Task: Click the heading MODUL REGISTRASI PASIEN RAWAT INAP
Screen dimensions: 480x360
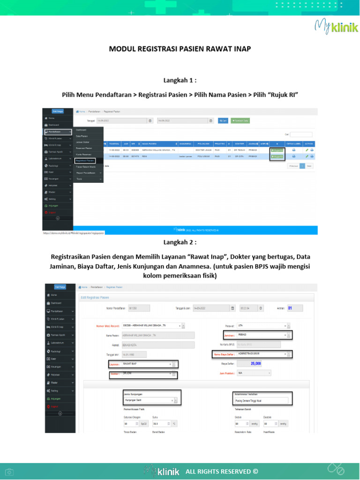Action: tap(180, 48)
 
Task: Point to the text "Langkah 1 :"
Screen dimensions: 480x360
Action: tap(180, 80)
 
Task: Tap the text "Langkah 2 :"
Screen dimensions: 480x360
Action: tap(180, 242)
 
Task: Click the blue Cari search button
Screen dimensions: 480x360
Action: tap(223, 120)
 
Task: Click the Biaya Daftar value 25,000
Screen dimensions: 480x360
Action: tap(255, 363)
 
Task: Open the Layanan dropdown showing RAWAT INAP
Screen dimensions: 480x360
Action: tap(148, 364)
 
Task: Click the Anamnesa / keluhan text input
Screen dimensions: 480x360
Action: tap(262, 400)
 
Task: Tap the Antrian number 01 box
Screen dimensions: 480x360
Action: tap(295, 308)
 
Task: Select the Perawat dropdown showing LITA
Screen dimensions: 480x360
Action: tap(256, 325)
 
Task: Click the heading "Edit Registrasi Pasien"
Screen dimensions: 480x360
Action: tap(95, 297)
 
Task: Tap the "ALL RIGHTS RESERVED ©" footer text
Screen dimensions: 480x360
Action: tap(222, 471)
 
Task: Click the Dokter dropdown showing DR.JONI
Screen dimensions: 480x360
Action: tap(148, 374)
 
